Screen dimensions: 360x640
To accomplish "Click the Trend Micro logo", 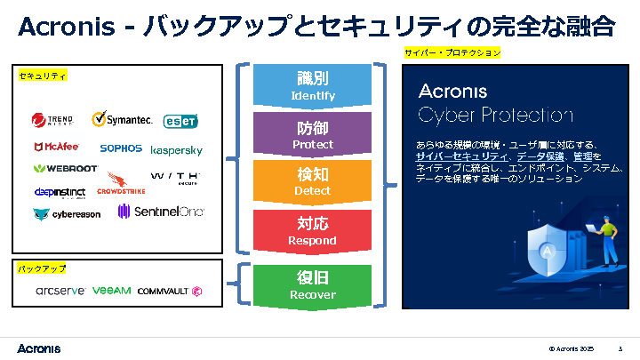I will pyautogui.click(x=52, y=121).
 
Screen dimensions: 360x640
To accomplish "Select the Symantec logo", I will pyautogui.click(x=123, y=119).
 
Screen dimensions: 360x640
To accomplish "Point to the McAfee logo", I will pyautogui.click(x=56, y=148).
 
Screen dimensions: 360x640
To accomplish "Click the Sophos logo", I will pyautogui.click(x=121, y=148).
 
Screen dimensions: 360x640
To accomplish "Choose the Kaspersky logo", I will pyautogui.click(x=177, y=150).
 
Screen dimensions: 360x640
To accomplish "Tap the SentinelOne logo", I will pyautogui.click(x=161, y=212).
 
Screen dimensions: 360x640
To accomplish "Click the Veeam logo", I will pyautogui.click(x=111, y=290).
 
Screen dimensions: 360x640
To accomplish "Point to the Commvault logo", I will pyautogui.click(x=170, y=291).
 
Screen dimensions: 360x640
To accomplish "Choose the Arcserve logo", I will pyautogui.click(x=59, y=291).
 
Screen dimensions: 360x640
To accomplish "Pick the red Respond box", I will pyautogui.click(x=312, y=231).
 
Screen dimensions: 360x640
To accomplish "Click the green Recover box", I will pyautogui.click(x=312, y=284).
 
